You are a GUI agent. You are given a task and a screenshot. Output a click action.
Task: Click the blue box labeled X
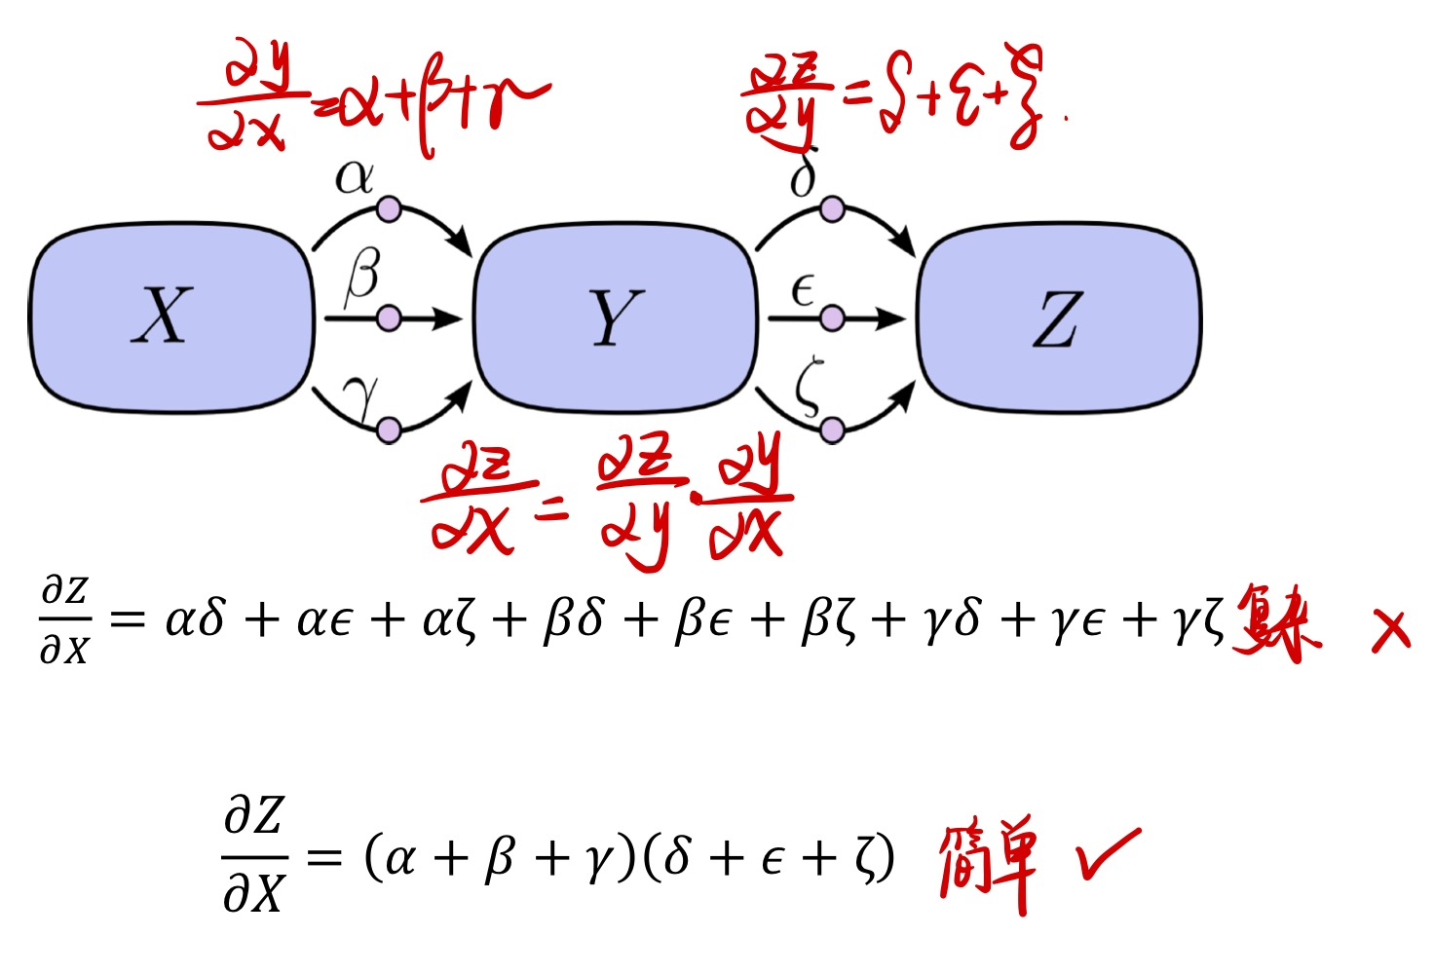(x=170, y=318)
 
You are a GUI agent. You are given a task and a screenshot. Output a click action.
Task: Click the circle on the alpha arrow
(x=389, y=208)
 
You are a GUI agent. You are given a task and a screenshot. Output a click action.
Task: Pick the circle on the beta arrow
(x=389, y=318)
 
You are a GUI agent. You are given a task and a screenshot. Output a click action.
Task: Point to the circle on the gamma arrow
(x=389, y=430)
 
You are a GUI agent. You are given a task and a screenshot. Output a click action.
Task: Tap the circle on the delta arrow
(x=832, y=208)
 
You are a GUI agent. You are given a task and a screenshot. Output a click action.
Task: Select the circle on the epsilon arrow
(x=832, y=318)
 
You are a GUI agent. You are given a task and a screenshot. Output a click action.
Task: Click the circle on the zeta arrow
(x=832, y=430)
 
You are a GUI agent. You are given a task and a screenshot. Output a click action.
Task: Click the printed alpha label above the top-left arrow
(x=354, y=177)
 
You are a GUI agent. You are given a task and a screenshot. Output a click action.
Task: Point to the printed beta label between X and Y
(x=361, y=276)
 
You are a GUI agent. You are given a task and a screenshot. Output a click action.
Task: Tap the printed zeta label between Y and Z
(x=808, y=387)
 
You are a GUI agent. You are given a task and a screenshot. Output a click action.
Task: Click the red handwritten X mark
(x=1390, y=630)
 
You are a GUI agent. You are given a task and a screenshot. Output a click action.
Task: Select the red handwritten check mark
(x=1108, y=854)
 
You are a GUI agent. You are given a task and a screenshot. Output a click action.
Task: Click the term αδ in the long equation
(x=195, y=619)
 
